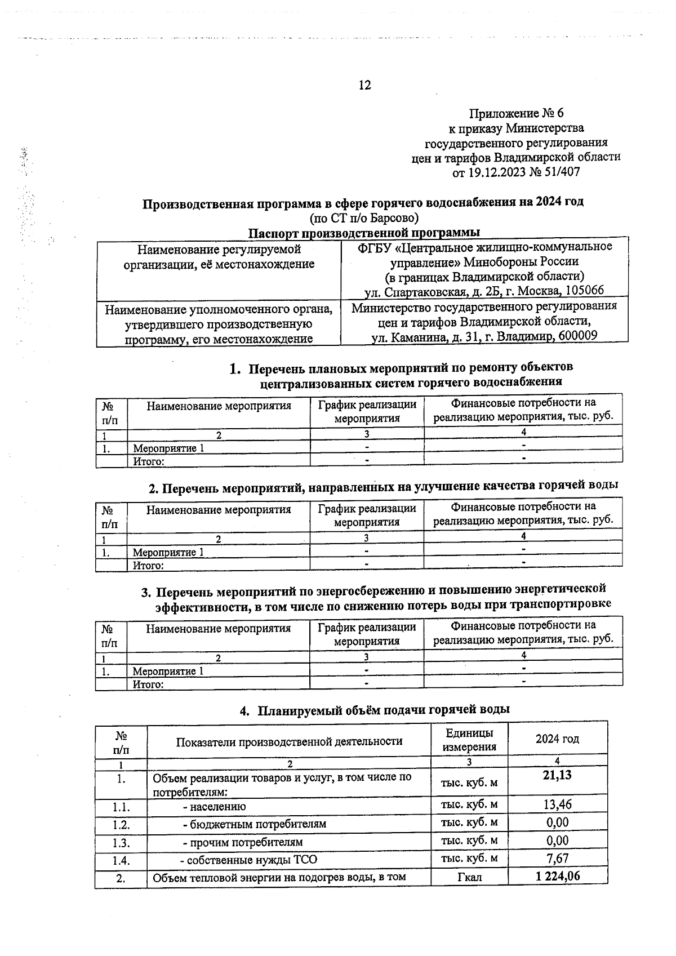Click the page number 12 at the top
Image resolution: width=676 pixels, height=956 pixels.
tap(364, 85)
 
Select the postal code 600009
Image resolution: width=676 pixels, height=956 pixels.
tap(576, 336)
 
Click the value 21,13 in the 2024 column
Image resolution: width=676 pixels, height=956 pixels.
tap(557, 775)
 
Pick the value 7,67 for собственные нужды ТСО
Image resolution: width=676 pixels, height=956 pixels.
tap(557, 858)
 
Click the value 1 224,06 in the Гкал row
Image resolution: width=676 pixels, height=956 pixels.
tap(557, 876)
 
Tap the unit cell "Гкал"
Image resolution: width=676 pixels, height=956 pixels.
tap(470, 877)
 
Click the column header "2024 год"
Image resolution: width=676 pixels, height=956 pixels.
tap(557, 739)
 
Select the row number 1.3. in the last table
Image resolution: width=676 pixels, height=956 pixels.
tap(121, 843)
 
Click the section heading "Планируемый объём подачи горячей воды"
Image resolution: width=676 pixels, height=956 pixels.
tap(383, 710)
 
